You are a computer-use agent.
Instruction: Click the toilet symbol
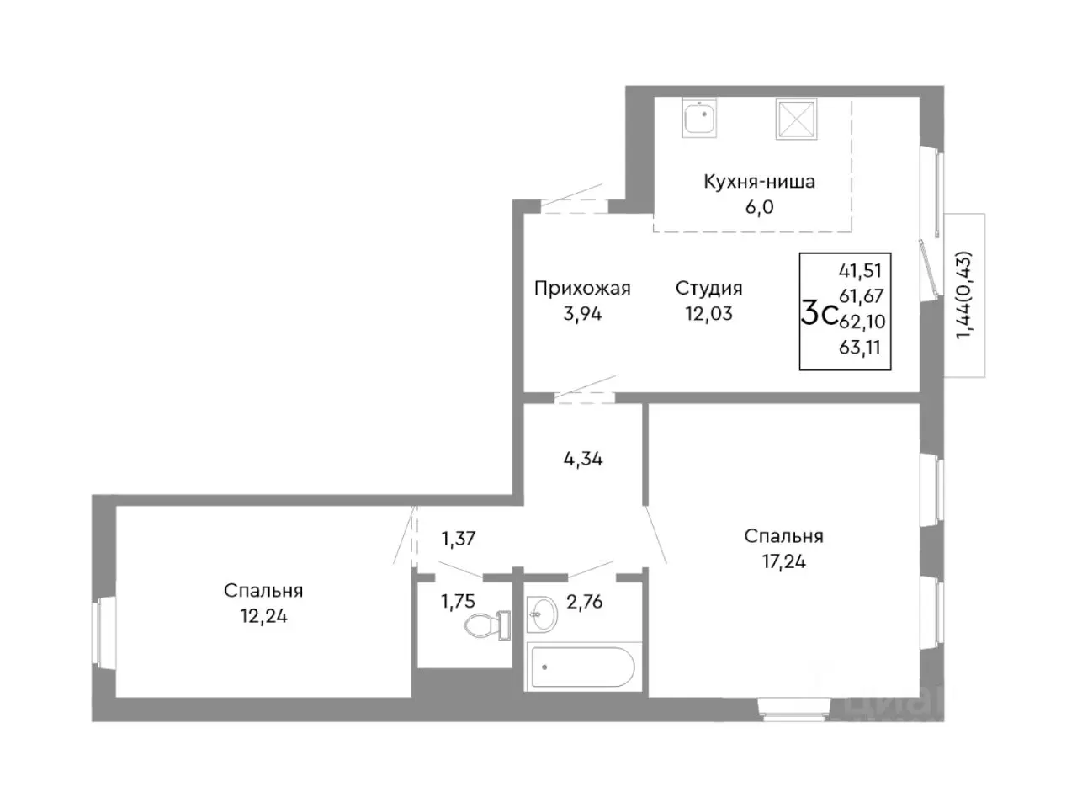point(486,625)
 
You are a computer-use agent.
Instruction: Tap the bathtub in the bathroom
point(583,667)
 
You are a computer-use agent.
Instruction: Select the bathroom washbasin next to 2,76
point(542,614)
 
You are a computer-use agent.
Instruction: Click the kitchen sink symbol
point(699,118)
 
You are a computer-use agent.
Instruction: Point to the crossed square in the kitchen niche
point(796,120)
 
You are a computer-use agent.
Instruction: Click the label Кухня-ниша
point(759,182)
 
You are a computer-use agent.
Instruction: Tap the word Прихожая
point(582,289)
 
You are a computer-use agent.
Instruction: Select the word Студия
point(709,289)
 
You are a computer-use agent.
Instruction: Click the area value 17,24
point(783,561)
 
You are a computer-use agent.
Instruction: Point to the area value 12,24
point(263,616)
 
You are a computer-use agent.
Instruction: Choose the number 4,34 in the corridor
point(583,460)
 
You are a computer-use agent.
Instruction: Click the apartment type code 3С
point(819,315)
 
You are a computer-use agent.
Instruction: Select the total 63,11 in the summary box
point(860,348)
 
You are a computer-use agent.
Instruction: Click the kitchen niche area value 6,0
point(760,207)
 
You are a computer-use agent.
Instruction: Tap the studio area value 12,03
point(709,313)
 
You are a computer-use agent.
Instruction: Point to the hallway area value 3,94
point(582,313)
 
